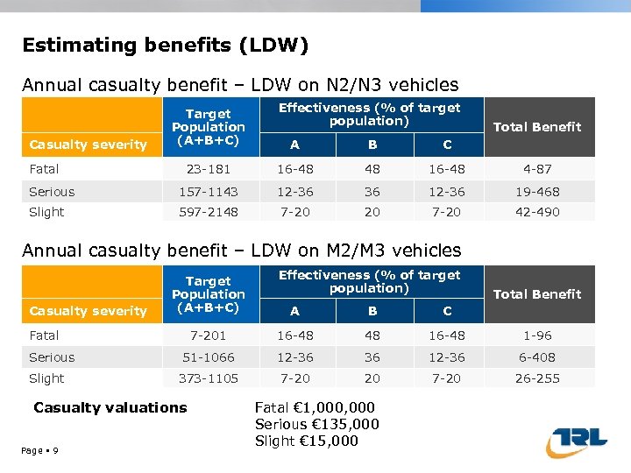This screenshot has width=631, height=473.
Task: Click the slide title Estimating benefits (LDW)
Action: coord(166,45)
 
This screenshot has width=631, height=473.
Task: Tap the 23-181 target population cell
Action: coord(208,169)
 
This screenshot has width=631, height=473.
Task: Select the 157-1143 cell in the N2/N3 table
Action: coord(208,192)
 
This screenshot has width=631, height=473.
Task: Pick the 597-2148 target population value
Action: coord(208,212)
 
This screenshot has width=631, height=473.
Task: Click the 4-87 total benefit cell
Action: coord(537,169)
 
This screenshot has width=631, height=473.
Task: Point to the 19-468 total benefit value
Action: coord(537,192)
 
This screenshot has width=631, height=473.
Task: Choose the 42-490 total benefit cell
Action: coord(537,212)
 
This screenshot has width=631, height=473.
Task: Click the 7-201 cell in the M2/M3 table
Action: coord(208,335)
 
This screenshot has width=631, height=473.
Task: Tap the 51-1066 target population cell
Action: coord(208,357)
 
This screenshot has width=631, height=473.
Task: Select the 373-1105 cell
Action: coord(208,378)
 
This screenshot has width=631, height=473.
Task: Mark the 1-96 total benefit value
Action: coord(537,335)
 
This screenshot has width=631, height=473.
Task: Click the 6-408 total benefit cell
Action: coord(537,357)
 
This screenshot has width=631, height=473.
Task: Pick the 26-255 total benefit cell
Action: coord(537,378)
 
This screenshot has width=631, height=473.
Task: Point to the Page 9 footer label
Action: coord(40,450)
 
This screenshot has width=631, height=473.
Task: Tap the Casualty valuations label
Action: coord(110,407)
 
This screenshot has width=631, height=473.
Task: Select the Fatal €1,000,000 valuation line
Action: coord(315,407)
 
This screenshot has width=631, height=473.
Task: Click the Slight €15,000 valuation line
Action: coord(306,441)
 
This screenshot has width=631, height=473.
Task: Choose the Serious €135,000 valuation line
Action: coord(316,424)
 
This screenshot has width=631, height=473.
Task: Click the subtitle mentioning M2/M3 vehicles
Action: coord(241,251)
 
